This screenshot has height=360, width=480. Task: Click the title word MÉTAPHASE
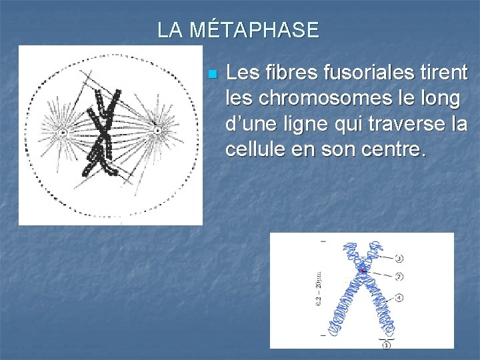[255, 30]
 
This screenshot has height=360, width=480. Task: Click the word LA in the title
[170, 30]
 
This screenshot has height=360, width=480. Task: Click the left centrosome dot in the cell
[63, 133]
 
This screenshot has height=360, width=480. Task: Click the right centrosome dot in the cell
[157, 131]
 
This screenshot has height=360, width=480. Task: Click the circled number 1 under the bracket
[386, 345]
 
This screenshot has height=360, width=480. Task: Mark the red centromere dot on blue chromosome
[363, 270]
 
